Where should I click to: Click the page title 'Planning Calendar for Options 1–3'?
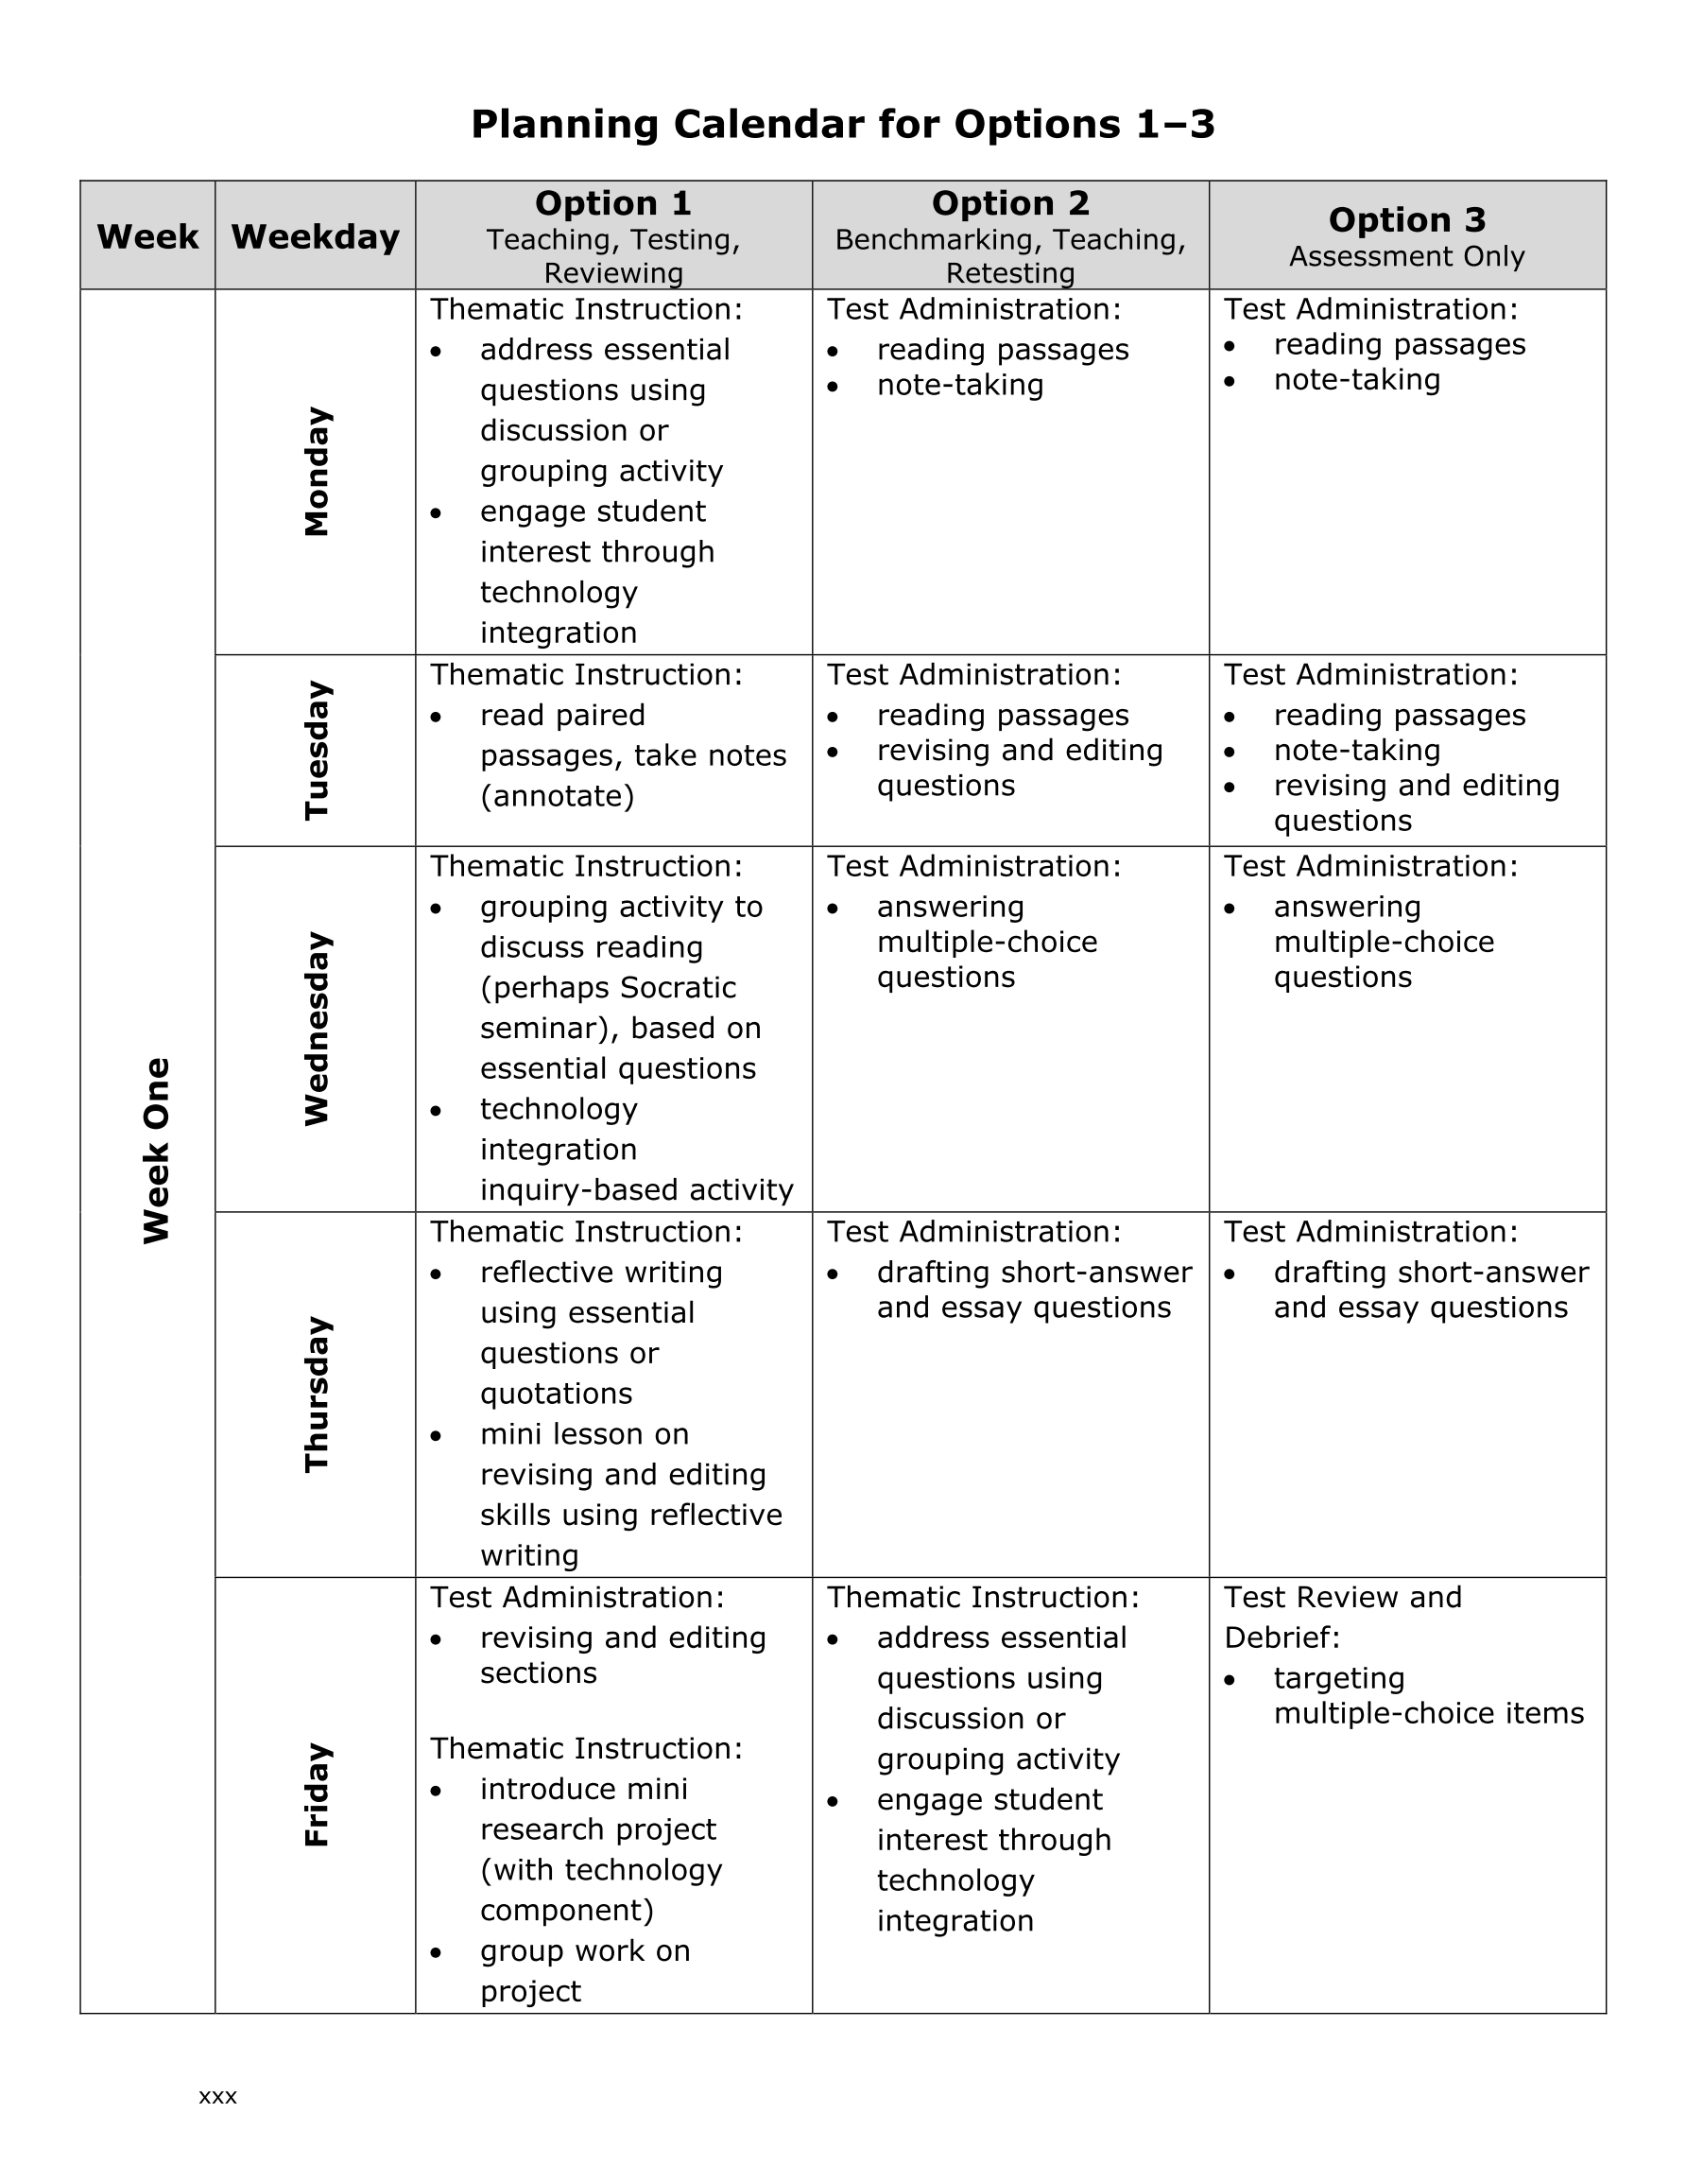coord(842,125)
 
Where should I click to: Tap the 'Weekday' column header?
coord(315,237)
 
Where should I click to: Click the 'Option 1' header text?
coord(612,204)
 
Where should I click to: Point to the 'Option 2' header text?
coord(1009,204)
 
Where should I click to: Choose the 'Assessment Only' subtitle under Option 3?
coord(1406,257)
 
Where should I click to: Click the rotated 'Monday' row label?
coord(316,472)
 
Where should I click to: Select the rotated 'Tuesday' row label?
coord(316,751)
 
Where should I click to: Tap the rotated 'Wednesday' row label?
coord(316,1029)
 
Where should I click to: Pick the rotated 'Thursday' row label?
coord(316,1395)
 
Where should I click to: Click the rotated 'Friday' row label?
coord(316,1794)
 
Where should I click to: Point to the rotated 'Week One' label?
coord(156,1151)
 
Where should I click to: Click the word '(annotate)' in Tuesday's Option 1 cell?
coord(557,797)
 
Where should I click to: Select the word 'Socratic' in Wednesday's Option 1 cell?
coord(678,988)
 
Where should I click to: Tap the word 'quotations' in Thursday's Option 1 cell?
coord(556,1394)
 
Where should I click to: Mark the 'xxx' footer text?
coord(218,2096)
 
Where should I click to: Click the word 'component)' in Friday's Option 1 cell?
coord(567,1910)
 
